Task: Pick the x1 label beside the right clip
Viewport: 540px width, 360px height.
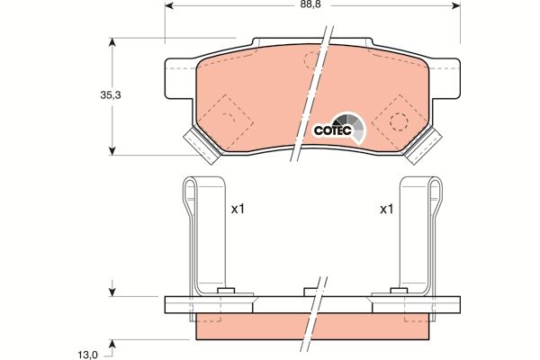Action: tap(386, 210)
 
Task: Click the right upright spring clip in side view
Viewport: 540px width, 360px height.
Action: tap(420, 234)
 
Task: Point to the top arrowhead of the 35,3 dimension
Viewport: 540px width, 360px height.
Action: tap(112, 43)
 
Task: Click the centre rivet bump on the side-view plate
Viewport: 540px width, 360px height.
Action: tap(311, 291)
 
